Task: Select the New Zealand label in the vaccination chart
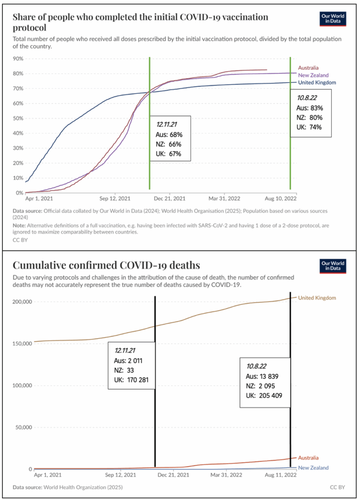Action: tap(313, 75)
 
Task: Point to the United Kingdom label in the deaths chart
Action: tap(317, 297)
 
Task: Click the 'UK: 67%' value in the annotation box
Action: tap(169, 153)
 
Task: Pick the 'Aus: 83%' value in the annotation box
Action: tap(310, 108)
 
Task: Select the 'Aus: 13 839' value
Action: tap(262, 376)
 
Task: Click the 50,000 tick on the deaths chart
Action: tap(21, 427)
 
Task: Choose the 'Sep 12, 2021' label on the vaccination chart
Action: tap(115, 199)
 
